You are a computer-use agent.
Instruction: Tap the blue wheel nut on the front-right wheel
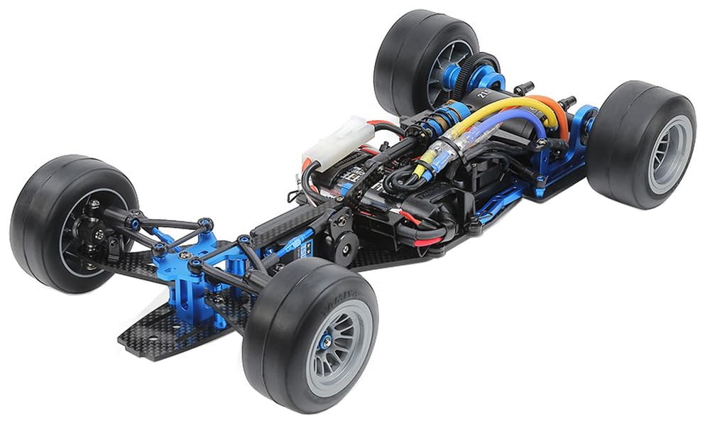pos(326,342)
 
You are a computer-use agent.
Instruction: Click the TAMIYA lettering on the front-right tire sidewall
pos(346,293)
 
